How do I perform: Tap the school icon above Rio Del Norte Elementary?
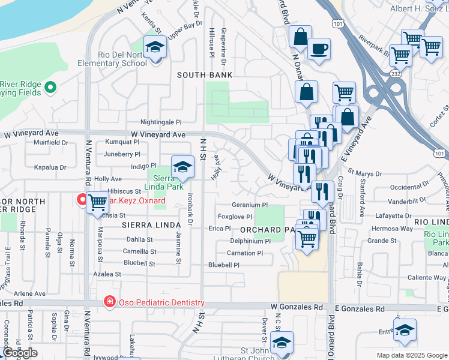155,47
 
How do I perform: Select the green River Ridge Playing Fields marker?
51,88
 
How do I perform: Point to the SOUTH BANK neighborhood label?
205,75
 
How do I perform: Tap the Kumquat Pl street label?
122,143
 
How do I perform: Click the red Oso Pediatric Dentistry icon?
109,302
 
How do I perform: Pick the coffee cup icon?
319,49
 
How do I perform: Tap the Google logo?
19,353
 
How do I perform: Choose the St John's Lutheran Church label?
261,353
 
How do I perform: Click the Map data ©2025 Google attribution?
411,355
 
